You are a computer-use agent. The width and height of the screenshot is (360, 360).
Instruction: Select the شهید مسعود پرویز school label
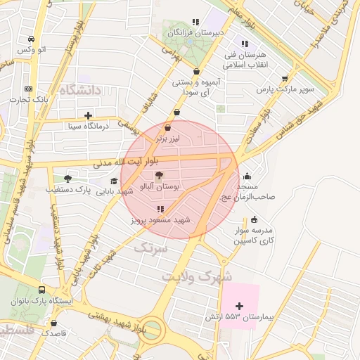tap(161, 220)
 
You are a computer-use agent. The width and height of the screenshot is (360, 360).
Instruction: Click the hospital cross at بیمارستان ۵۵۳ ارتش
tap(240, 306)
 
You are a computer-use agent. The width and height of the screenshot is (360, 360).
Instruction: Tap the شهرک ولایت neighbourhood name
tap(197, 276)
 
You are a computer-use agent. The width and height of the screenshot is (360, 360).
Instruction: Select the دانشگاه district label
tap(82, 91)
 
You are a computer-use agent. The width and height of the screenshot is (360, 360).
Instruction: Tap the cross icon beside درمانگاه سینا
tap(88, 115)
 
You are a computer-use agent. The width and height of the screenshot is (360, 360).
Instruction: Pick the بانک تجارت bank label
tap(28, 100)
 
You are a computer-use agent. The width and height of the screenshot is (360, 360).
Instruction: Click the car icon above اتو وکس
tap(32, 39)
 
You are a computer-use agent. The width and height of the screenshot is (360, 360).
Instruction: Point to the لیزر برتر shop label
tap(169, 139)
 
